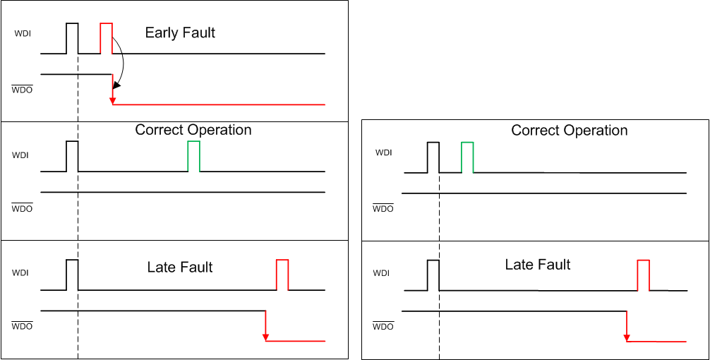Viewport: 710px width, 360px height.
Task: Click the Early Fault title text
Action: (180, 32)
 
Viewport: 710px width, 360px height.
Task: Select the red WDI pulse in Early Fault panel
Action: (106, 37)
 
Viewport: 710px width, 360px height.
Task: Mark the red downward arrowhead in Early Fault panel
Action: (113, 101)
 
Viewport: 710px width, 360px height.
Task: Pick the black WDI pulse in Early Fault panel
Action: (72, 37)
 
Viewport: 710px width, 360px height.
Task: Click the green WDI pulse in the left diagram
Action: (193, 155)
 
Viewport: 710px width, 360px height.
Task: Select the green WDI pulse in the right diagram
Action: (467, 157)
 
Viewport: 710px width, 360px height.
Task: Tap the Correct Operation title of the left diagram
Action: (193, 130)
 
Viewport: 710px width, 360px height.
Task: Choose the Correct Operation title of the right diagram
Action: (569, 131)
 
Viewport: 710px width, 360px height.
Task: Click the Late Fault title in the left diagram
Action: (180, 267)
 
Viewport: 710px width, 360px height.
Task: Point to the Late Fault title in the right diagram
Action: (538, 265)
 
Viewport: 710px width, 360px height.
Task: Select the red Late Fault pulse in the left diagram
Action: (282, 275)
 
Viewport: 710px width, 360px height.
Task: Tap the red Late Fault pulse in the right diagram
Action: (643, 275)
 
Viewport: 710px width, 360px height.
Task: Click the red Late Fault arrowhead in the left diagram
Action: (265, 337)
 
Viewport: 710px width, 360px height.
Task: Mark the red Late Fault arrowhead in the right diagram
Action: (627, 337)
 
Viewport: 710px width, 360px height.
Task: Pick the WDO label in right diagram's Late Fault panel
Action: (383, 327)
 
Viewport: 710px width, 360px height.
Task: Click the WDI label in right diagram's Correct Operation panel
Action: (383, 152)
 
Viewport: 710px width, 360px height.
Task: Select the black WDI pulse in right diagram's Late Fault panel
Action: (433, 275)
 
